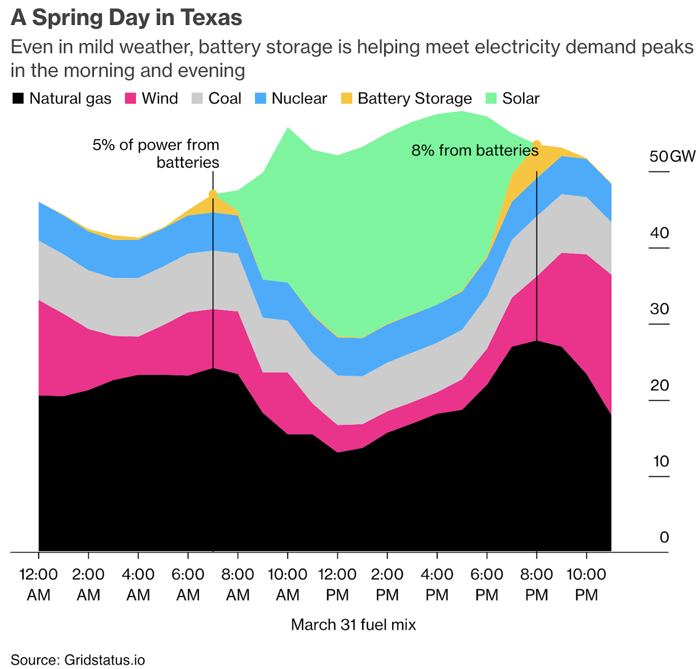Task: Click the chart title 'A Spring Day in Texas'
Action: (x=126, y=18)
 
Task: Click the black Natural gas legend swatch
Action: (x=18, y=98)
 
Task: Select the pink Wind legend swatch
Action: (x=130, y=98)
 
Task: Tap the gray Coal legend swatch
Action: (x=197, y=98)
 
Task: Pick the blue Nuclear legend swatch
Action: (x=260, y=98)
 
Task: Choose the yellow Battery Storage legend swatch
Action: (x=346, y=98)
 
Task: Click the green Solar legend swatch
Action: (x=491, y=98)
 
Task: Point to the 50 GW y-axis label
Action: (x=672, y=156)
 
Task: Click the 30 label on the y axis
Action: (x=659, y=309)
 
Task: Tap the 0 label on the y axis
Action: (x=664, y=538)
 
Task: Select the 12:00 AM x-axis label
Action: (x=38, y=584)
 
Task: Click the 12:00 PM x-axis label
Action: (x=337, y=584)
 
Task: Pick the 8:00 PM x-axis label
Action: (x=537, y=584)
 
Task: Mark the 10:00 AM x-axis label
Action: (x=287, y=584)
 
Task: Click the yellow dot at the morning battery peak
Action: (x=213, y=194)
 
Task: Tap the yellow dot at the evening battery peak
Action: (x=537, y=145)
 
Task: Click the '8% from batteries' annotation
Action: (x=475, y=151)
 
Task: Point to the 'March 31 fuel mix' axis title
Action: (x=353, y=625)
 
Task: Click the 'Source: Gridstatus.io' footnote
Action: (x=78, y=659)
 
